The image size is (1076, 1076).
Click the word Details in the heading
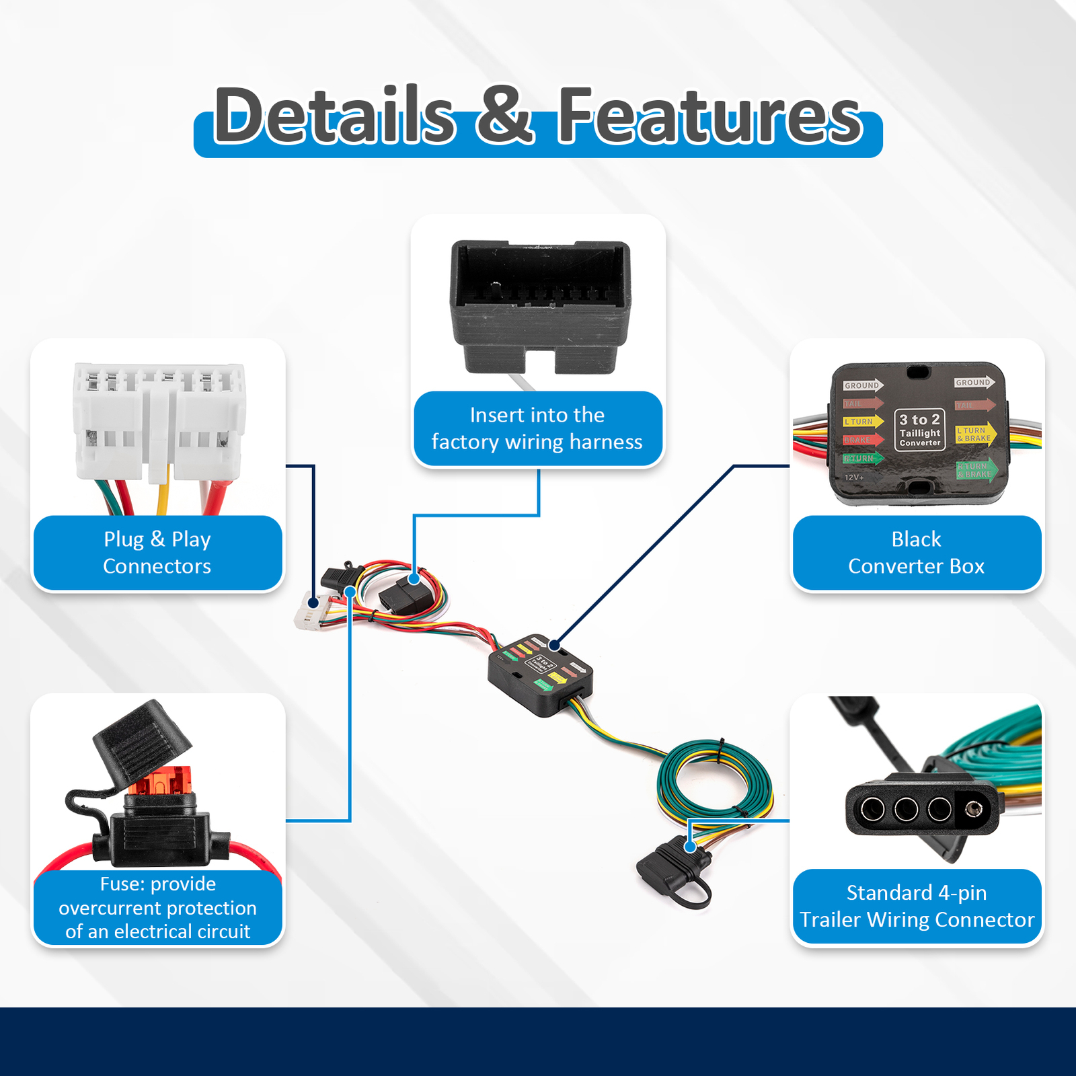pos(334,116)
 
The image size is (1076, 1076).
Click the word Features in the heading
pos(709,116)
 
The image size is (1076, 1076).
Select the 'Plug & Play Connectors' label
pos(157,553)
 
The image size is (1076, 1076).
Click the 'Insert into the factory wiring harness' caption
pos(537,428)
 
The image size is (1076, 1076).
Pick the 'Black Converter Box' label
pos(916,553)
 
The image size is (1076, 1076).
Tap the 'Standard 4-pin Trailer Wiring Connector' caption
pos(916,906)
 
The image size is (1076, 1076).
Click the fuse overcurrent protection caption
pos(157,907)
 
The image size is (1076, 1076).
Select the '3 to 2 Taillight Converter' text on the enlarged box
pos(919,429)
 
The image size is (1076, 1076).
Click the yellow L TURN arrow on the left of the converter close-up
pos(862,422)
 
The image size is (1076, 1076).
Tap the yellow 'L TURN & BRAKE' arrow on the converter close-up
pos(975,434)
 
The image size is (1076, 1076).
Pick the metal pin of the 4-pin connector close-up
pos(972,808)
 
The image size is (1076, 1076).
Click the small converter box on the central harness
pos(539,674)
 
